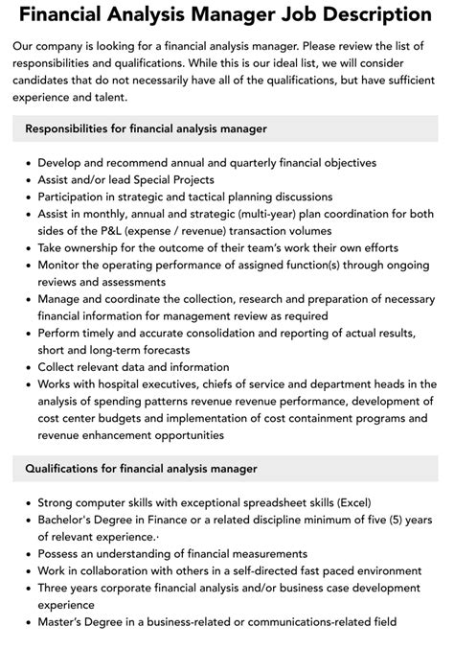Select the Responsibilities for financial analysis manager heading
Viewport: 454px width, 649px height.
(146, 127)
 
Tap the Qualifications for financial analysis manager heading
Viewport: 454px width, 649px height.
(142, 469)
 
